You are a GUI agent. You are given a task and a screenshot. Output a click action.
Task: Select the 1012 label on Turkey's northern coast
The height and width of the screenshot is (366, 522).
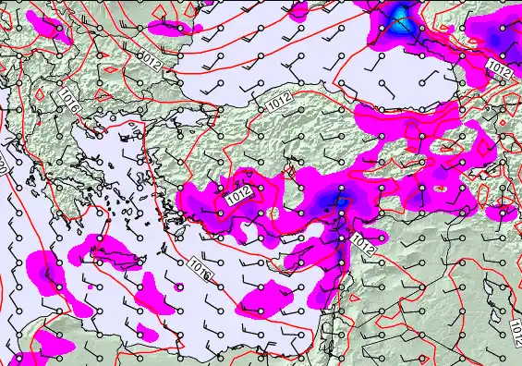pos(281,104)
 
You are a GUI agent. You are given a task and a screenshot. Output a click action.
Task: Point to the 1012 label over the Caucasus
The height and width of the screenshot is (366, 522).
pos(499,67)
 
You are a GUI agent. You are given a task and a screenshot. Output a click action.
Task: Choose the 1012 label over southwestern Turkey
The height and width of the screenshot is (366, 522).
pos(237,196)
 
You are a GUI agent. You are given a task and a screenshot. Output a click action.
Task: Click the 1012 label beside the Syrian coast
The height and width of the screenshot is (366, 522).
pos(363,245)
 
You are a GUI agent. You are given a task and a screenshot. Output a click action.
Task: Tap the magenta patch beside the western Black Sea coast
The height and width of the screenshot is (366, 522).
pos(176,29)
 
